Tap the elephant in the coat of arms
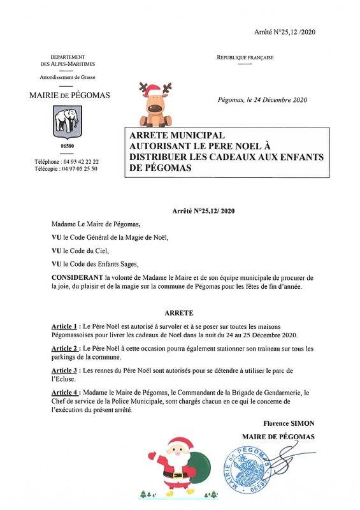(x=64, y=120)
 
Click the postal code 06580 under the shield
(x=64, y=147)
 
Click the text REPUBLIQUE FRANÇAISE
(x=245, y=58)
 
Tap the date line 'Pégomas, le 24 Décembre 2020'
(x=263, y=100)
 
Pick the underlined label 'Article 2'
(x=68, y=349)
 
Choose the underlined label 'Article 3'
(x=68, y=371)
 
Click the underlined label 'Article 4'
(x=68, y=393)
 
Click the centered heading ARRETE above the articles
(x=180, y=314)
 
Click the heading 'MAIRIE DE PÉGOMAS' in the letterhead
(x=69, y=96)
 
